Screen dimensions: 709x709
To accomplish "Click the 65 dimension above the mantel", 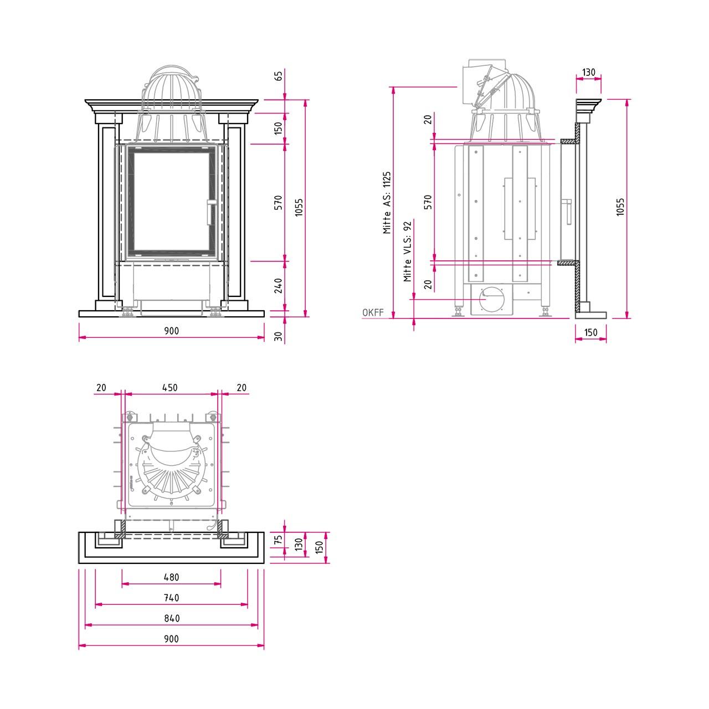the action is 279,76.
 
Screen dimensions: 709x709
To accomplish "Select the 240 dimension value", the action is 279,285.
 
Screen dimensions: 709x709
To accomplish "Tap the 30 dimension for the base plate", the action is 279,336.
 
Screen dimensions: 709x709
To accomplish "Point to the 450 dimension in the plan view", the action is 169,387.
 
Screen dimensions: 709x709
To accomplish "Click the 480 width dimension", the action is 172,577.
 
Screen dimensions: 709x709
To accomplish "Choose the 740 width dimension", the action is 172,598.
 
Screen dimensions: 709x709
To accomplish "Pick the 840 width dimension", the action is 172,619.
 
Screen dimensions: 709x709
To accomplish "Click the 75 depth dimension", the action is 279,540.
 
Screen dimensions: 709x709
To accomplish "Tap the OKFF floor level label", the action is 373,312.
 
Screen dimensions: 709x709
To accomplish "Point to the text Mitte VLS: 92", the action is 407,251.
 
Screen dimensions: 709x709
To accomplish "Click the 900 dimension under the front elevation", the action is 172,331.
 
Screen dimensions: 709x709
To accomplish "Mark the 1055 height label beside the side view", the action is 620,207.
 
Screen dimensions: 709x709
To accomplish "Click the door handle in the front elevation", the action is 211,212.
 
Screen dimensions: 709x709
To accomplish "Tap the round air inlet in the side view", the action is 490,299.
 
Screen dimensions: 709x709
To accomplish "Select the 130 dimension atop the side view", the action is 589,72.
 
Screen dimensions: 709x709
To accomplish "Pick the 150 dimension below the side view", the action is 591,332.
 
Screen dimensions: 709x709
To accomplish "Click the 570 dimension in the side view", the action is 428,202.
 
